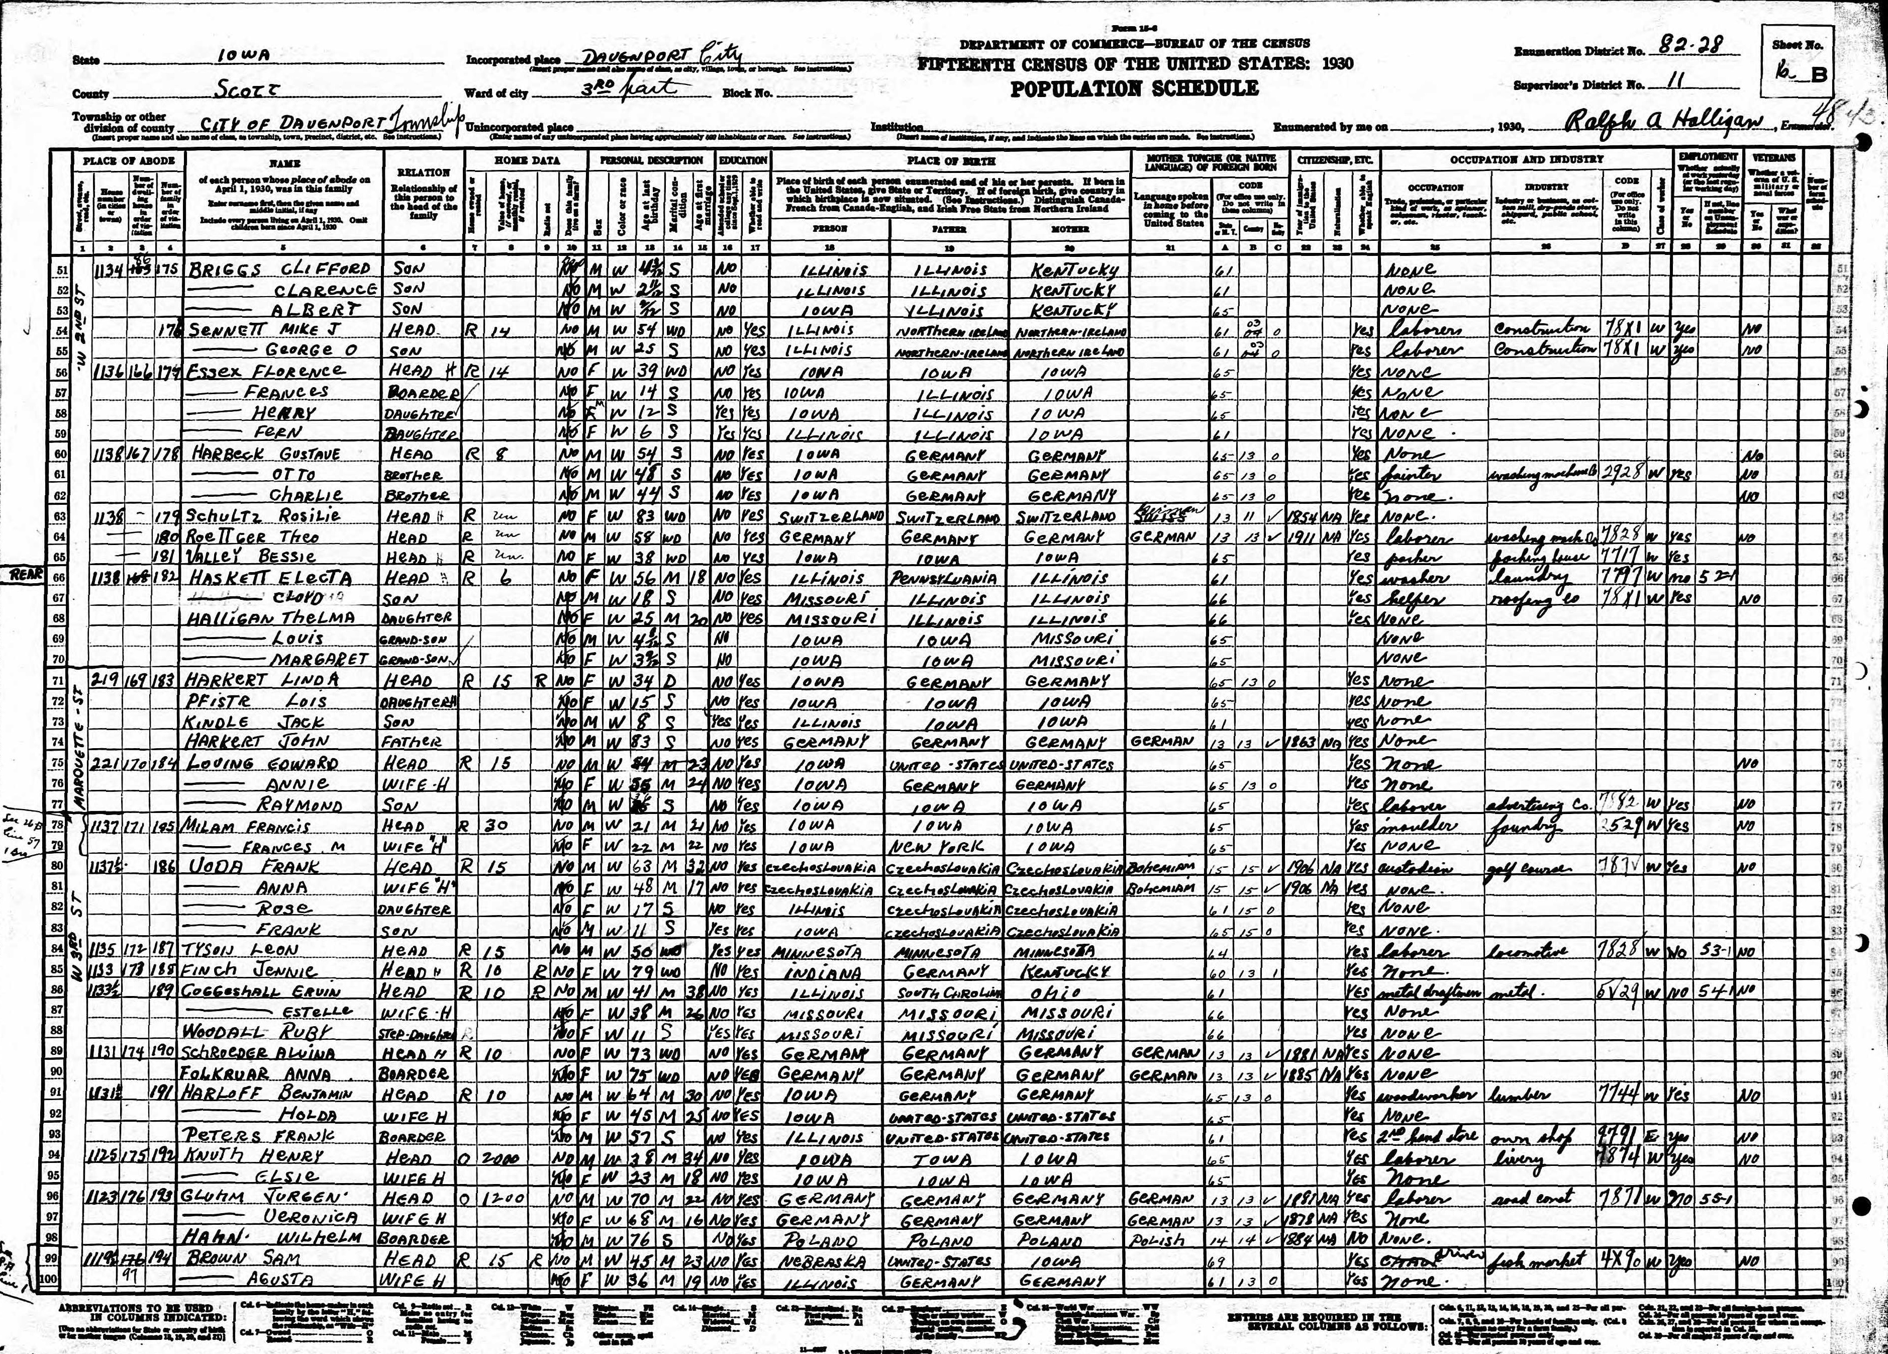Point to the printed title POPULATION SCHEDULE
point(1135,89)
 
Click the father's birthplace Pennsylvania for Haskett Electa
point(949,578)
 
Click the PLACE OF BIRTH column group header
point(950,160)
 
